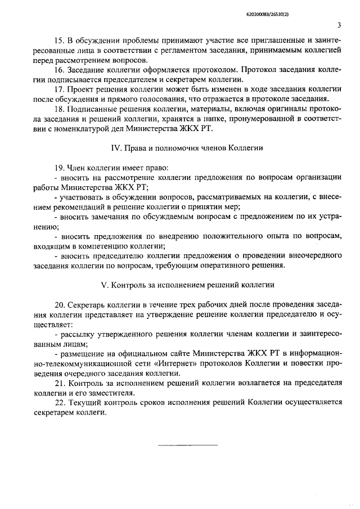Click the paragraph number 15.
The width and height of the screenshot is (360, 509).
[58, 41]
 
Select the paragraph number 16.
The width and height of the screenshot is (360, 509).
[58, 70]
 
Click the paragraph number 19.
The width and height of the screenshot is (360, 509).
[58, 167]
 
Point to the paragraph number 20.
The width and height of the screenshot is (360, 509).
[58, 305]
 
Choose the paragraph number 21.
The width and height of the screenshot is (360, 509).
[58, 383]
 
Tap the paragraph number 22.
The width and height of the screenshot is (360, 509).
[58, 403]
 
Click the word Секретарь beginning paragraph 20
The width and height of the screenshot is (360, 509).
[85, 305]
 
